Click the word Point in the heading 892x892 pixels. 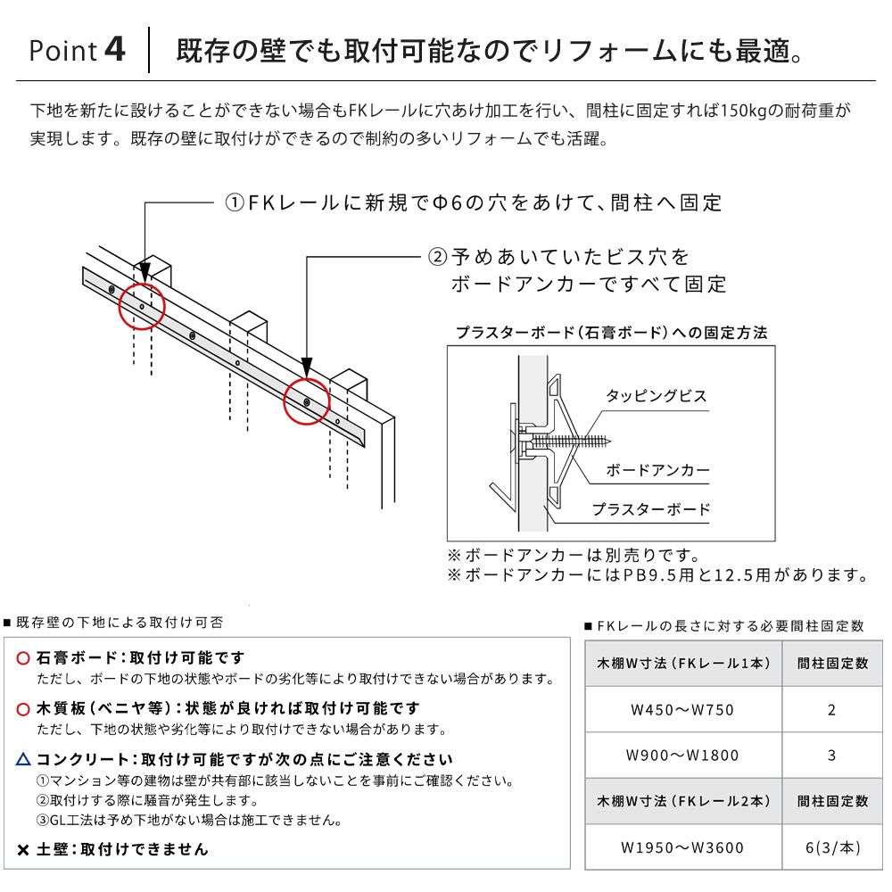(x=62, y=51)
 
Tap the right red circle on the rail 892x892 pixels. (x=307, y=403)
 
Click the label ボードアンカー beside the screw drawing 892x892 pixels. (x=657, y=470)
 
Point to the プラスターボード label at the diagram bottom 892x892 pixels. (x=651, y=509)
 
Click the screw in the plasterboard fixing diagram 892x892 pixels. (x=571, y=440)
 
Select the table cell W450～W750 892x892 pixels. (x=682, y=710)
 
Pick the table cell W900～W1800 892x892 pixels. (x=682, y=756)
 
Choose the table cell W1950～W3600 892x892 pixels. (x=682, y=847)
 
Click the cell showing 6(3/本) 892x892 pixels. (x=832, y=847)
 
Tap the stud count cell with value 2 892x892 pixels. (x=832, y=710)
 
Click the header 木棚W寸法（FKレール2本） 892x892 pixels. (x=683, y=802)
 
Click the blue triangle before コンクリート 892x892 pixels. (x=24, y=760)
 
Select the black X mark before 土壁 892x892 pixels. (x=24, y=849)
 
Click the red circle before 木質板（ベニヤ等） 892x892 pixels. (x=24, y=709)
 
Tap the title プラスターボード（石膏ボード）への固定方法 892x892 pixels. (x=611, y=333)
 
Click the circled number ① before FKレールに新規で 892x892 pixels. (x=234, y=203)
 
